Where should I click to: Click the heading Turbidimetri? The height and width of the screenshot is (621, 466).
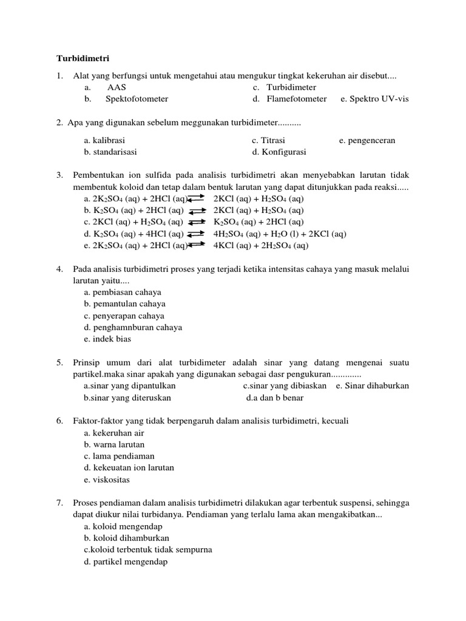pos(83,59)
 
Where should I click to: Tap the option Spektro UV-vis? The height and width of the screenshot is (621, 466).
pos(374,99)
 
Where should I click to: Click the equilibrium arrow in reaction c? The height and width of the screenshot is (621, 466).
pos(198,222)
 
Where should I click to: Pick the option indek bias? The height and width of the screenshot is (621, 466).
pos(108,339)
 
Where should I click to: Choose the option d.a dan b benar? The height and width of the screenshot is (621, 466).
pos(274,398)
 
